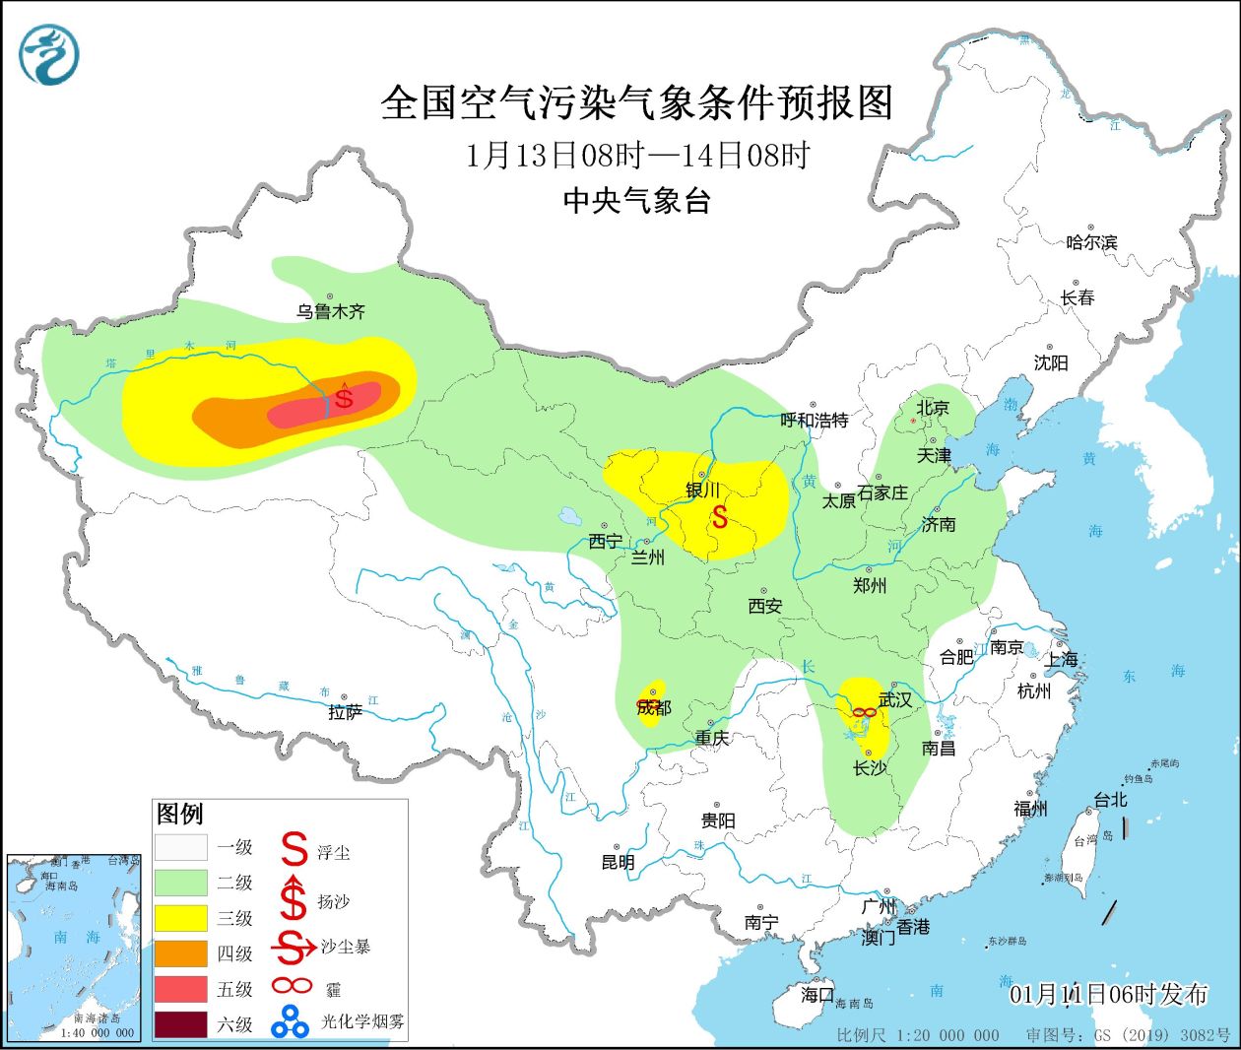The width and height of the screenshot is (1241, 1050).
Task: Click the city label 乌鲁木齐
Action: [331, 311]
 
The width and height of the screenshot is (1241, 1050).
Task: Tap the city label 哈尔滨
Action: [1091, 241]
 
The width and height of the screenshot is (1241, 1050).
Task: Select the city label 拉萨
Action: [345, 712]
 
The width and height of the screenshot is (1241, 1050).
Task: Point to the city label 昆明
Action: [618, 862]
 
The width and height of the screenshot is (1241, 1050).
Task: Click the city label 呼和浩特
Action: [814, 420]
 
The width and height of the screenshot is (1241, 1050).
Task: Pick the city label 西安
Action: [764, 606]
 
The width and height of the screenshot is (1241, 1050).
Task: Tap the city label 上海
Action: [1061, 659]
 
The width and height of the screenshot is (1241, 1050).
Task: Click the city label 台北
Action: [1110, 800]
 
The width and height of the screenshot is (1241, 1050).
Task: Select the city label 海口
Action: [816, 995]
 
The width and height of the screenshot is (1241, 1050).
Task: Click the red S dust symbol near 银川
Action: [720, 516]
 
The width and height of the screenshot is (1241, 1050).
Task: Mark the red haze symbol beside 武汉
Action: [864, 712]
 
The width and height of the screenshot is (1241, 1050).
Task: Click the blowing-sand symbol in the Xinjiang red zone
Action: [344, 396]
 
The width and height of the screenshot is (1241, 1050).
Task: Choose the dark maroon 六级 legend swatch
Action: [181, 1024]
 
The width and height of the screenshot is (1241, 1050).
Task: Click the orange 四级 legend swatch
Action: [181, 953]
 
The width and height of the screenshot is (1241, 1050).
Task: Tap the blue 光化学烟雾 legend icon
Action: [291, 1021]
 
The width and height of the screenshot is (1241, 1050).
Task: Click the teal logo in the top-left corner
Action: [48, 54]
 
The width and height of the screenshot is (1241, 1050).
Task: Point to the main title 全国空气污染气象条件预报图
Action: [636, 102]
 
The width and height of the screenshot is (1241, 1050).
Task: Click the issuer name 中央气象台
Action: [636, 201]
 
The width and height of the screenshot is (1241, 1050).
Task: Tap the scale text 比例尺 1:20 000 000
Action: [917, 1035]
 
